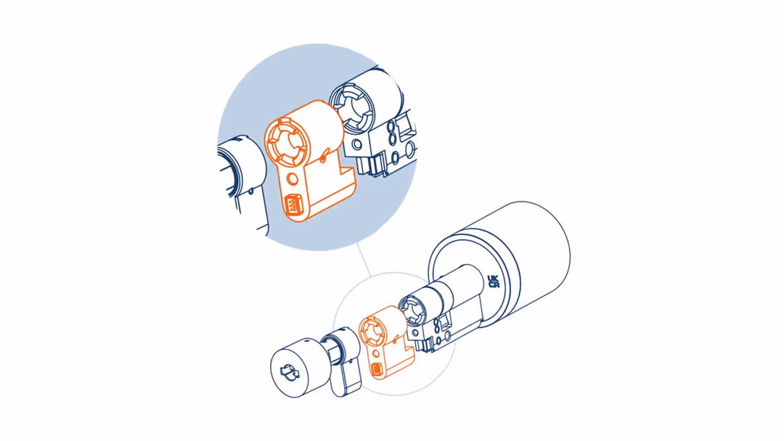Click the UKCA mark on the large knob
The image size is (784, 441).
pos(494,281)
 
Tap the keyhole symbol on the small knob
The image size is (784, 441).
pos(290,372)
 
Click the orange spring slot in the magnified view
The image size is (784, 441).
pos(293,205)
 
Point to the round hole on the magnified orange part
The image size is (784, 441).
pos(293,179)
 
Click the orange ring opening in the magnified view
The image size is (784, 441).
pos(284,142)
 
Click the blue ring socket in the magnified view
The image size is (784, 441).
pos(350,110)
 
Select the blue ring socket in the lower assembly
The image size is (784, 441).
pos(411,309)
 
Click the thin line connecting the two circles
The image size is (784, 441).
pos(364,260)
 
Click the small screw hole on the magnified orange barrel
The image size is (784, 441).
pos(324,159)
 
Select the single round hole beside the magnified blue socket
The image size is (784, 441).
pos(357,145)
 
